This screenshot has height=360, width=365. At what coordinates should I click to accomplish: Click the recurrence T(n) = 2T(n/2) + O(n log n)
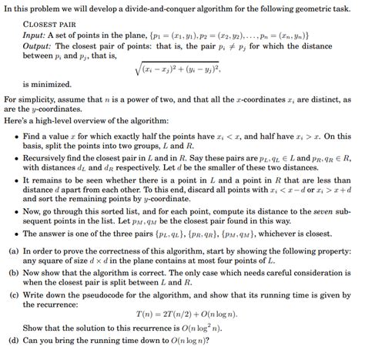[x=182, y=325]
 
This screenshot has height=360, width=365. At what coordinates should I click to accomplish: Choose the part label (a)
[x=10, y=251]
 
